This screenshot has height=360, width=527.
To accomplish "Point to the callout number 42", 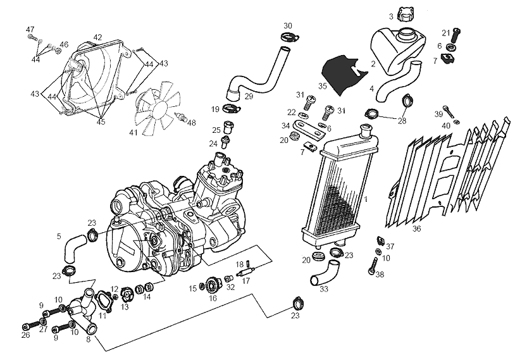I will [97, 38].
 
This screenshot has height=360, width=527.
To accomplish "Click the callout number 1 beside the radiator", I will [366, 199].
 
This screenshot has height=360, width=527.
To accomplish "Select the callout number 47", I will [30, 30].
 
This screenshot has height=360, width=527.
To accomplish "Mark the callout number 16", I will [213, 298].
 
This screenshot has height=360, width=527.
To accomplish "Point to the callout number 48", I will [192, 123].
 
